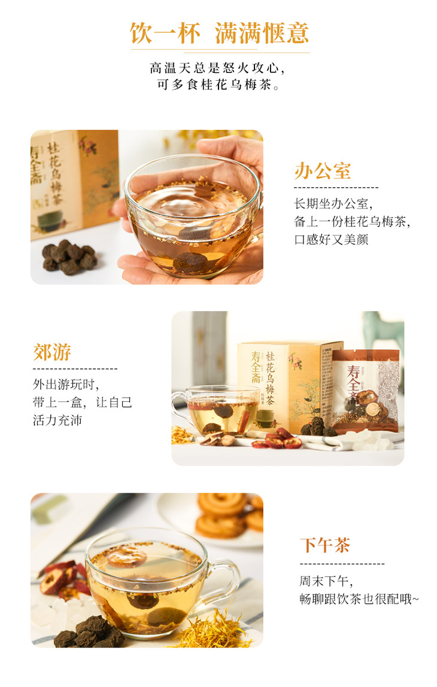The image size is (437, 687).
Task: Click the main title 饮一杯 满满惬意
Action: [x=219, y=33]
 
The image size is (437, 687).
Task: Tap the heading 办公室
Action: [x=323, y=171]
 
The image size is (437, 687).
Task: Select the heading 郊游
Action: [x=51, y=352]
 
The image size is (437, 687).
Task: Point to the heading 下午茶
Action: [x=324, y=545]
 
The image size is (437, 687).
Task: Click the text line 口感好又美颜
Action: [x=331, y=240]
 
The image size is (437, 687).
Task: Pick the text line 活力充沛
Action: [x=57, y=420]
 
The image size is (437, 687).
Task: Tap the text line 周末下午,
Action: [x=326, y=581]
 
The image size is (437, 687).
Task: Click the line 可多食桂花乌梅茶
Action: [x=218, y=84]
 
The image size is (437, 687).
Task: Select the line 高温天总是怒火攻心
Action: [x=218, y=68]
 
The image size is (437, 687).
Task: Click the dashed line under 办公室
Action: [x=336, y=188]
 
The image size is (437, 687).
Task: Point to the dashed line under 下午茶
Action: [x=342, y=564]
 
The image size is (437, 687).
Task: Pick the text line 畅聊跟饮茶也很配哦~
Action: [x=359, y=599]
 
